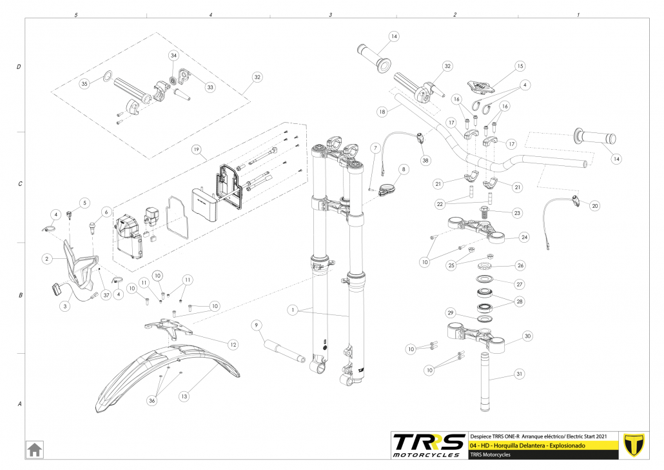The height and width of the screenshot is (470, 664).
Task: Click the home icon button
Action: [x=34, y=448]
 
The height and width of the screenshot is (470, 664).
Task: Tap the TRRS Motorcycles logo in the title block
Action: [x=429, y=445]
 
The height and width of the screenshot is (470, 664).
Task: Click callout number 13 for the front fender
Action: [x=185, y=396]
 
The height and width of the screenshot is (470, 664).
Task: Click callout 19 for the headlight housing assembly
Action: [x=197, y=148]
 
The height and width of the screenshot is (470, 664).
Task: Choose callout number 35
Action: [x=84, y=84]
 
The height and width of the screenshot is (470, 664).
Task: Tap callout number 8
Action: [x=404, y=170]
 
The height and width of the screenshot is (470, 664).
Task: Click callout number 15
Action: [x=520, y=66]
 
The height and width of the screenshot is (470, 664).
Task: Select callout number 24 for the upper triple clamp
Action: [x=524, y=237]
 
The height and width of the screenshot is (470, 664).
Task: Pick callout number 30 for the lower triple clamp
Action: [x=527, y=336]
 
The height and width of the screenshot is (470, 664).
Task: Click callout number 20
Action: [x=594, y=206]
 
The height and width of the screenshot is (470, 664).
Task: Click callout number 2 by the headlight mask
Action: [x=46, y=258]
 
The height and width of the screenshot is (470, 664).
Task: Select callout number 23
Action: [x=517, y=212]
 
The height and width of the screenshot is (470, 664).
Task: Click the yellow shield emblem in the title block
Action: [x=636, y=445]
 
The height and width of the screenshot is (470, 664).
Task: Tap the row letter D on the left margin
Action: [x=19, y=67]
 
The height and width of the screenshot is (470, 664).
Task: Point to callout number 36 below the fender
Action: [x=151, y=401]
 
